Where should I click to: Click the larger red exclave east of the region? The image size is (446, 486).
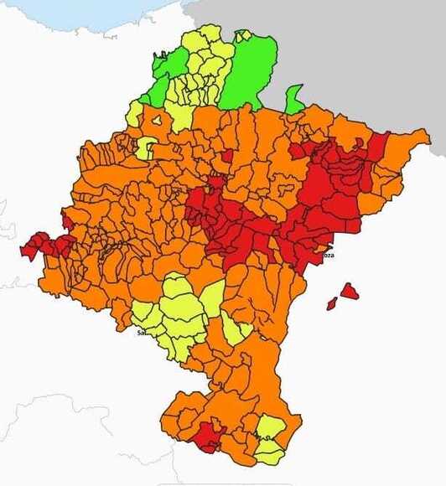click(348, 292)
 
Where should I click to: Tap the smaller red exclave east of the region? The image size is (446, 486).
click(332, 303)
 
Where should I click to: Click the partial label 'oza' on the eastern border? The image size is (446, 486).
click(328, 256)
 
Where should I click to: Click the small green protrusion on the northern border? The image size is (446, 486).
click(293, 99)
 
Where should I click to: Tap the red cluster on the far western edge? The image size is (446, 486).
click(46, 245)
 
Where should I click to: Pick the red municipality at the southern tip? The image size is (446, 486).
click(206, 437)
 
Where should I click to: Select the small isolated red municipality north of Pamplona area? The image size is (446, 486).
click(226, 156)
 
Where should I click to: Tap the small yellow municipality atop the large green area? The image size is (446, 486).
click(243, 36)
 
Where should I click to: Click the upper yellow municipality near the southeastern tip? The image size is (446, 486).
click(270, 428)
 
